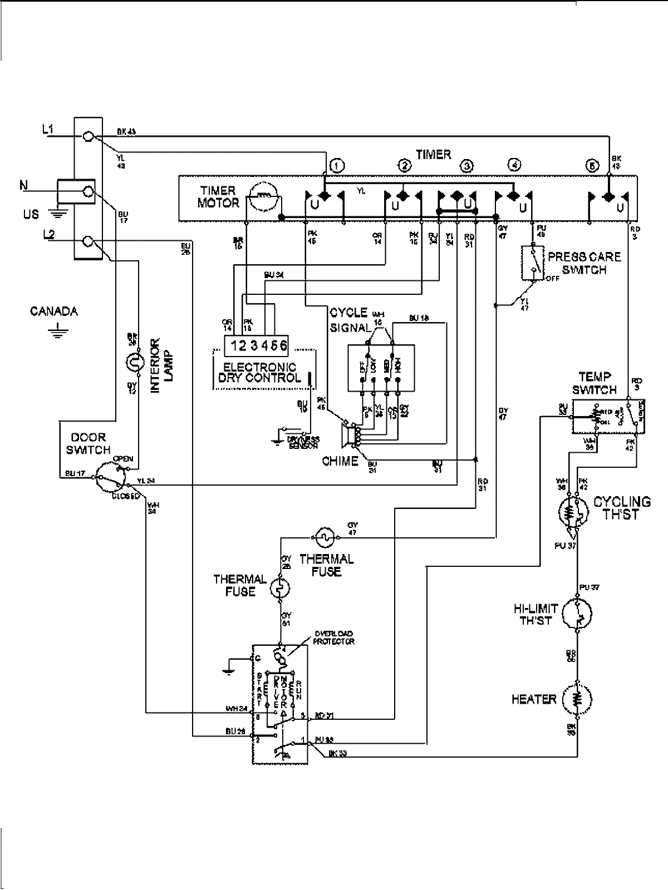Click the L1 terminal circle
87,136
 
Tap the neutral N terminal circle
87,192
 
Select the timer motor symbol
263,197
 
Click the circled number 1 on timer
336,165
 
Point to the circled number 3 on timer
466,166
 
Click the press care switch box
532,263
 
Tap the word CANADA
53,311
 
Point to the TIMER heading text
433,155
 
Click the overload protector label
333,637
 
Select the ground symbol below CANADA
55,332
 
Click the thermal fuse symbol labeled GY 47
324,537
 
